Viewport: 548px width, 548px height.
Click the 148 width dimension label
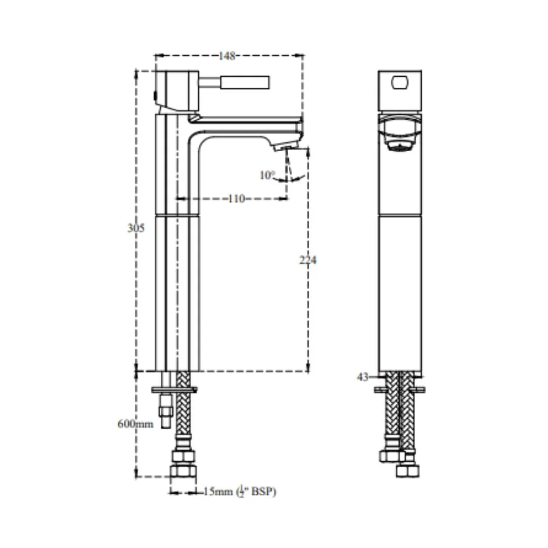pos(227,56)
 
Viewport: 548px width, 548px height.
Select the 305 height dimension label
pos(135,228)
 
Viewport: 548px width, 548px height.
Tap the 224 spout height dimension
pos(308,260)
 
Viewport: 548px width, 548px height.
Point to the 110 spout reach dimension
pos(236,199)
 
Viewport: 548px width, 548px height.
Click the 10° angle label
pos(267,175)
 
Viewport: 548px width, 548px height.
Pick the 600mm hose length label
pos(135,424)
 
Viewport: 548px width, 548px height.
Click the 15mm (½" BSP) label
pos(239,492)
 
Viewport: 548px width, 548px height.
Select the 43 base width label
pos(362,376)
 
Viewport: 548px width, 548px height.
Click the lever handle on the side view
pos(245,83)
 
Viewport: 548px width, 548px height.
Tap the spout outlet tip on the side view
pos(286,147)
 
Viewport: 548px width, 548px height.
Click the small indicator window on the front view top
pos(400,83)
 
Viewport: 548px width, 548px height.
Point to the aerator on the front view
pos(400,146)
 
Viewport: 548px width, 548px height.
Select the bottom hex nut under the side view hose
pos(183,471)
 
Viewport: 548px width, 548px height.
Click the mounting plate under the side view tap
pos(175,389)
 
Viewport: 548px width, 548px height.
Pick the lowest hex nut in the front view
pos(408,471)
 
